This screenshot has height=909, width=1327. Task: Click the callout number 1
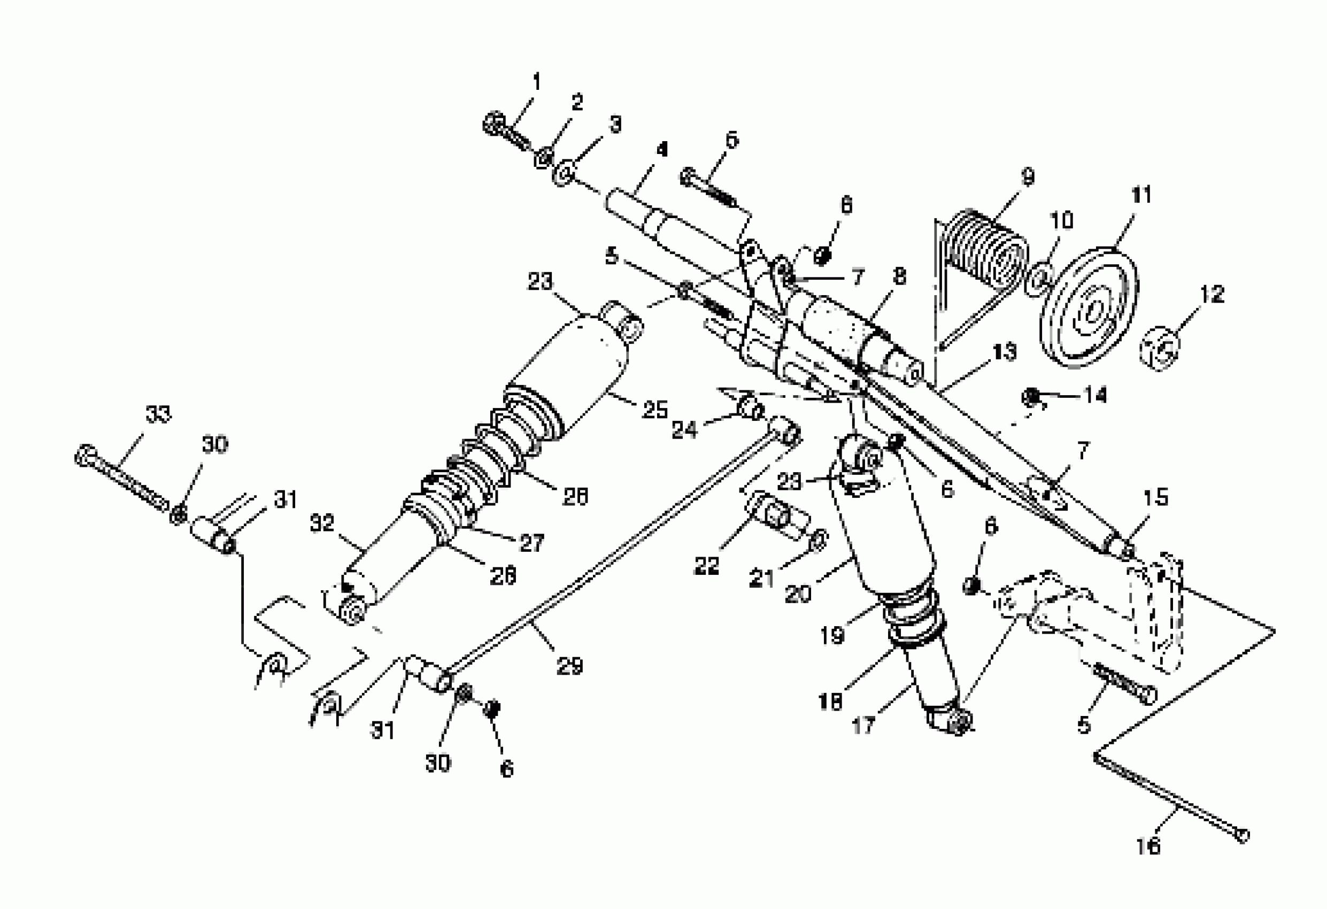(536, 82)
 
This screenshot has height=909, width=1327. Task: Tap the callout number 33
(158, 414)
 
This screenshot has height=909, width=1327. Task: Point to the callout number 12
(1212, 294)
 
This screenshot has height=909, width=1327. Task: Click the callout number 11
(1141, 195)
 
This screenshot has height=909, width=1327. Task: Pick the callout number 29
(569, 666)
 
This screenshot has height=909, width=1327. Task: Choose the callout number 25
(654, 410)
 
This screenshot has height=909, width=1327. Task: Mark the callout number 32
(321, 523)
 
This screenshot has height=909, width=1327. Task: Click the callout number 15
(1156, 497)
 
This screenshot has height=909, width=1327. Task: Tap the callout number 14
(1095, 395)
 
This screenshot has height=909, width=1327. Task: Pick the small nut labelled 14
(1031, 396)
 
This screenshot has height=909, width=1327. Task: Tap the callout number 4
(662, 150)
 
